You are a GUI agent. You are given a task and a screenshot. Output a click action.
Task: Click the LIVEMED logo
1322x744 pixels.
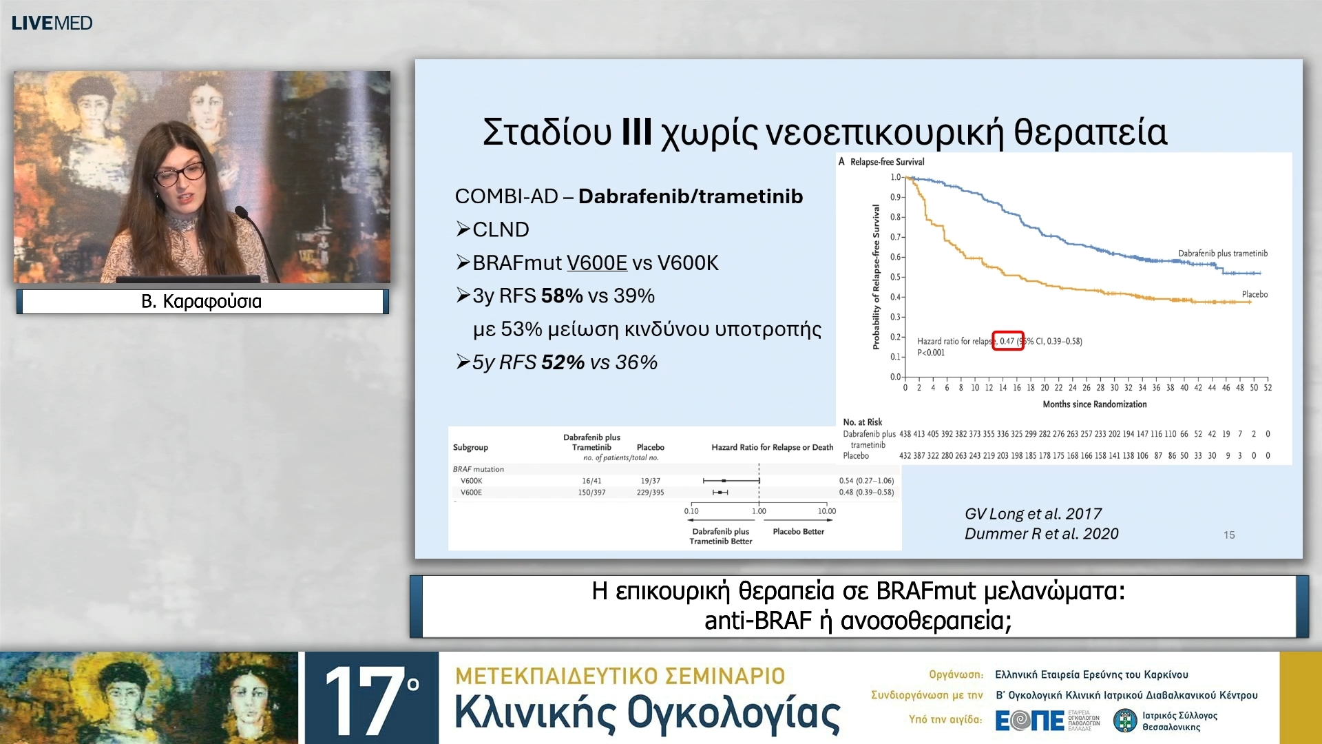(x=52, y=23)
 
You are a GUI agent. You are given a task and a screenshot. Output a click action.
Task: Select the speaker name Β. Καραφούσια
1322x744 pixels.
(x=201, y=301)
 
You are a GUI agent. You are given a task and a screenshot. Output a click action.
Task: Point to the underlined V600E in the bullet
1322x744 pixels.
(x=596, y=262)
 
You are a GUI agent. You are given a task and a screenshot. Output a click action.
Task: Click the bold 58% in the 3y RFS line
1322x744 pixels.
(x=562, y=296)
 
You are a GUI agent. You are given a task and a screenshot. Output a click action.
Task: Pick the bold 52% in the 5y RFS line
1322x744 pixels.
(x=563, y=362)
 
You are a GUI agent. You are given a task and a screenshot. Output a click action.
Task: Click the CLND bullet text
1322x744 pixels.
(x=501, y=229)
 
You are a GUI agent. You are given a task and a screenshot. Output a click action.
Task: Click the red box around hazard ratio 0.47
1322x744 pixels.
(x=1007, y=341)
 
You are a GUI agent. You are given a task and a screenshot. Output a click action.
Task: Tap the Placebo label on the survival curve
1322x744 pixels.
(x=1254, y=294)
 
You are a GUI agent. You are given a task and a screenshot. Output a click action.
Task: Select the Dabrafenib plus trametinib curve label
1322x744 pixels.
(x=1222, y=254)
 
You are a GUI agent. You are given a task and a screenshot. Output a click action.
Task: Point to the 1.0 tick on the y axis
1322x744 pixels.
(x=895, y=177)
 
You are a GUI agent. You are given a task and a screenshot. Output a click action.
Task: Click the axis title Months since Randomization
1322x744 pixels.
(x=1094, y=404)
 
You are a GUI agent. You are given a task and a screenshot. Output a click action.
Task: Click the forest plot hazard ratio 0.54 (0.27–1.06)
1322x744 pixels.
(x=865, y=481)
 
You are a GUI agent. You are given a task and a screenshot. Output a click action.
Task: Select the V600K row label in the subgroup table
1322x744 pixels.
(x=471, y=481)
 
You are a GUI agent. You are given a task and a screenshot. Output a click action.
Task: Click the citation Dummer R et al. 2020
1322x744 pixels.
(x=1041, y=534)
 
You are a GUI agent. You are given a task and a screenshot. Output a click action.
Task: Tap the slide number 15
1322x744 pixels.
(x=1229, y=535)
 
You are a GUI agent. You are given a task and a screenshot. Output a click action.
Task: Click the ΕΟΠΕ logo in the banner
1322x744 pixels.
(x=1030, y=721)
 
